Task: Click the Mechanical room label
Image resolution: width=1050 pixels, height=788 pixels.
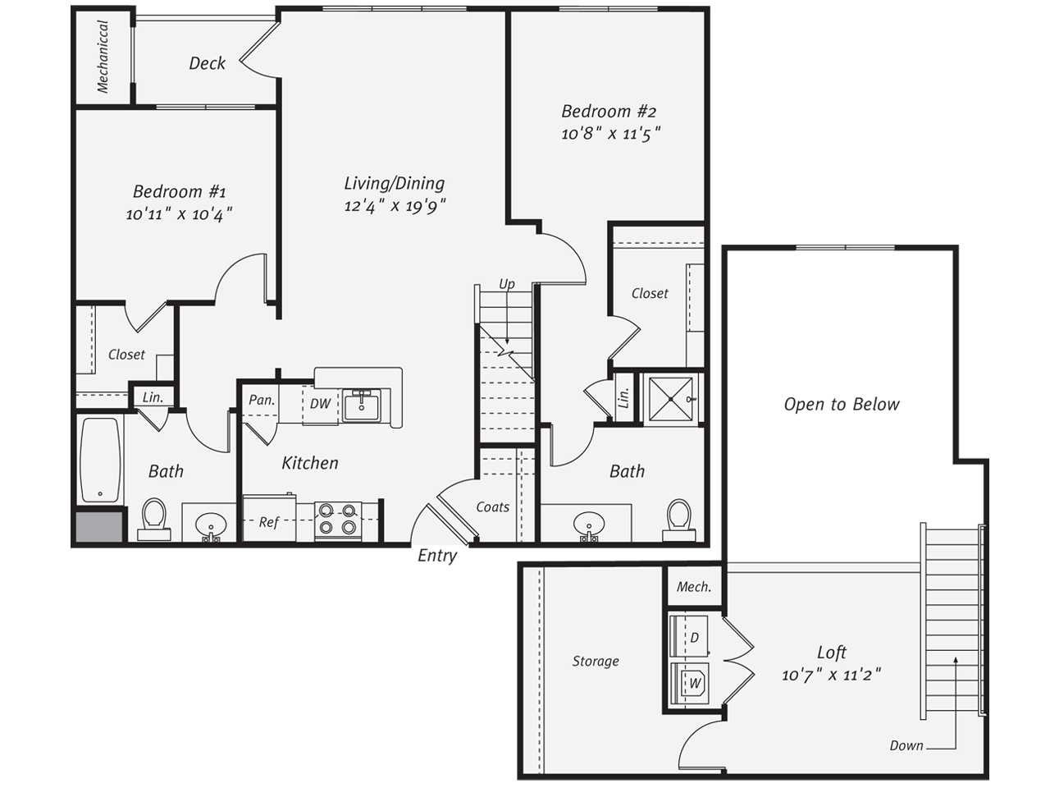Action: click(x=103, y=57)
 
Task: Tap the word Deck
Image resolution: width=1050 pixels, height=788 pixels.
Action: click(x=208, y=63)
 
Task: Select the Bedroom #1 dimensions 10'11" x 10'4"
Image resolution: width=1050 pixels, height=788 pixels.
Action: click(x=179, y=214)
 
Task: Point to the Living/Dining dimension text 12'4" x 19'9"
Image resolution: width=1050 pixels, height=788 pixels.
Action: click(x=395, y=206)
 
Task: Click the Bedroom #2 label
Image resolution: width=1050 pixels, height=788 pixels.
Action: click(x=609, y=112)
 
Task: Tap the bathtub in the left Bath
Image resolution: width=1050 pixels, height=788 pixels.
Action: click(x=100, y=460)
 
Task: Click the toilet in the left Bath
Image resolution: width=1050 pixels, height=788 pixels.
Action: click(x=154, y=520)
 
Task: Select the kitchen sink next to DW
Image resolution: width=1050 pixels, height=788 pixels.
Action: click(x=362, y=405)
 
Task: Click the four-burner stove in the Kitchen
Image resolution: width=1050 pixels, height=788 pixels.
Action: click(x=338, y=519)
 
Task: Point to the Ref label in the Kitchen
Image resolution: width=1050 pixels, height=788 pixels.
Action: click(x=269, y=522)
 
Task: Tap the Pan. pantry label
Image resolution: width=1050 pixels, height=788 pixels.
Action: click(x=262, y=400)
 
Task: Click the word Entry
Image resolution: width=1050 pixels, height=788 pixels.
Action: click(x=437, y=556)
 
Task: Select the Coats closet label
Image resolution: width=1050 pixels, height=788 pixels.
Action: click(x=493, y=506)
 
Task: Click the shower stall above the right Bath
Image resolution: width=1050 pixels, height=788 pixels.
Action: click(x=670, y=399)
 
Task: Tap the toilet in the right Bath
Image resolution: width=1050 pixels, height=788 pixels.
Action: click(x=678, y=520)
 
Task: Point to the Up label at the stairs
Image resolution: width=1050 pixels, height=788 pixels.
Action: click(x=507, y=284)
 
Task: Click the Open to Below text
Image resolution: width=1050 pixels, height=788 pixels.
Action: click(x=842, y=405)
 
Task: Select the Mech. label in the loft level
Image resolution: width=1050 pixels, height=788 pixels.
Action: click(x=694, y=587)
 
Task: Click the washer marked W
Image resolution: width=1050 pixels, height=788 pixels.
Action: click(x=690, y=683)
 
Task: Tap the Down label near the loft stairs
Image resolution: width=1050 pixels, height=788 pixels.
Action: click(x=906, y=745)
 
